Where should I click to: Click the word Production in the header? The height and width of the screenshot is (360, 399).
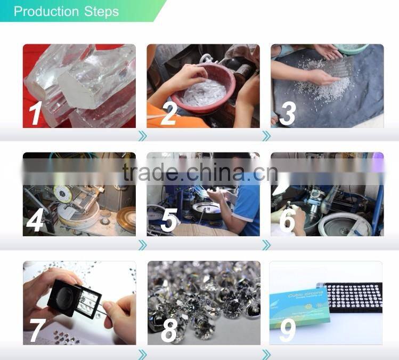point(46,12)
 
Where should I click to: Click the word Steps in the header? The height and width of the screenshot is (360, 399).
point(101,12)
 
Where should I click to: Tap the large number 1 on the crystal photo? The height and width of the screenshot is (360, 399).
point(35,114)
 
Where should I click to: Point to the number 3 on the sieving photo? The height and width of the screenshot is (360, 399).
point(288,114)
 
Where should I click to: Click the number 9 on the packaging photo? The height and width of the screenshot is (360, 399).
point(288,330)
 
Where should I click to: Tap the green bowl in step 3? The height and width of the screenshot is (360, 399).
point(352,49)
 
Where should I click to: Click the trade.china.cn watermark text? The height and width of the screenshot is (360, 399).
point(200,172)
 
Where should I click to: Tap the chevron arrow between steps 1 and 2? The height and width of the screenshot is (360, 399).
point(142,136)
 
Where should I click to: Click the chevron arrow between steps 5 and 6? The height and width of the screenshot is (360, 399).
point(266,244)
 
